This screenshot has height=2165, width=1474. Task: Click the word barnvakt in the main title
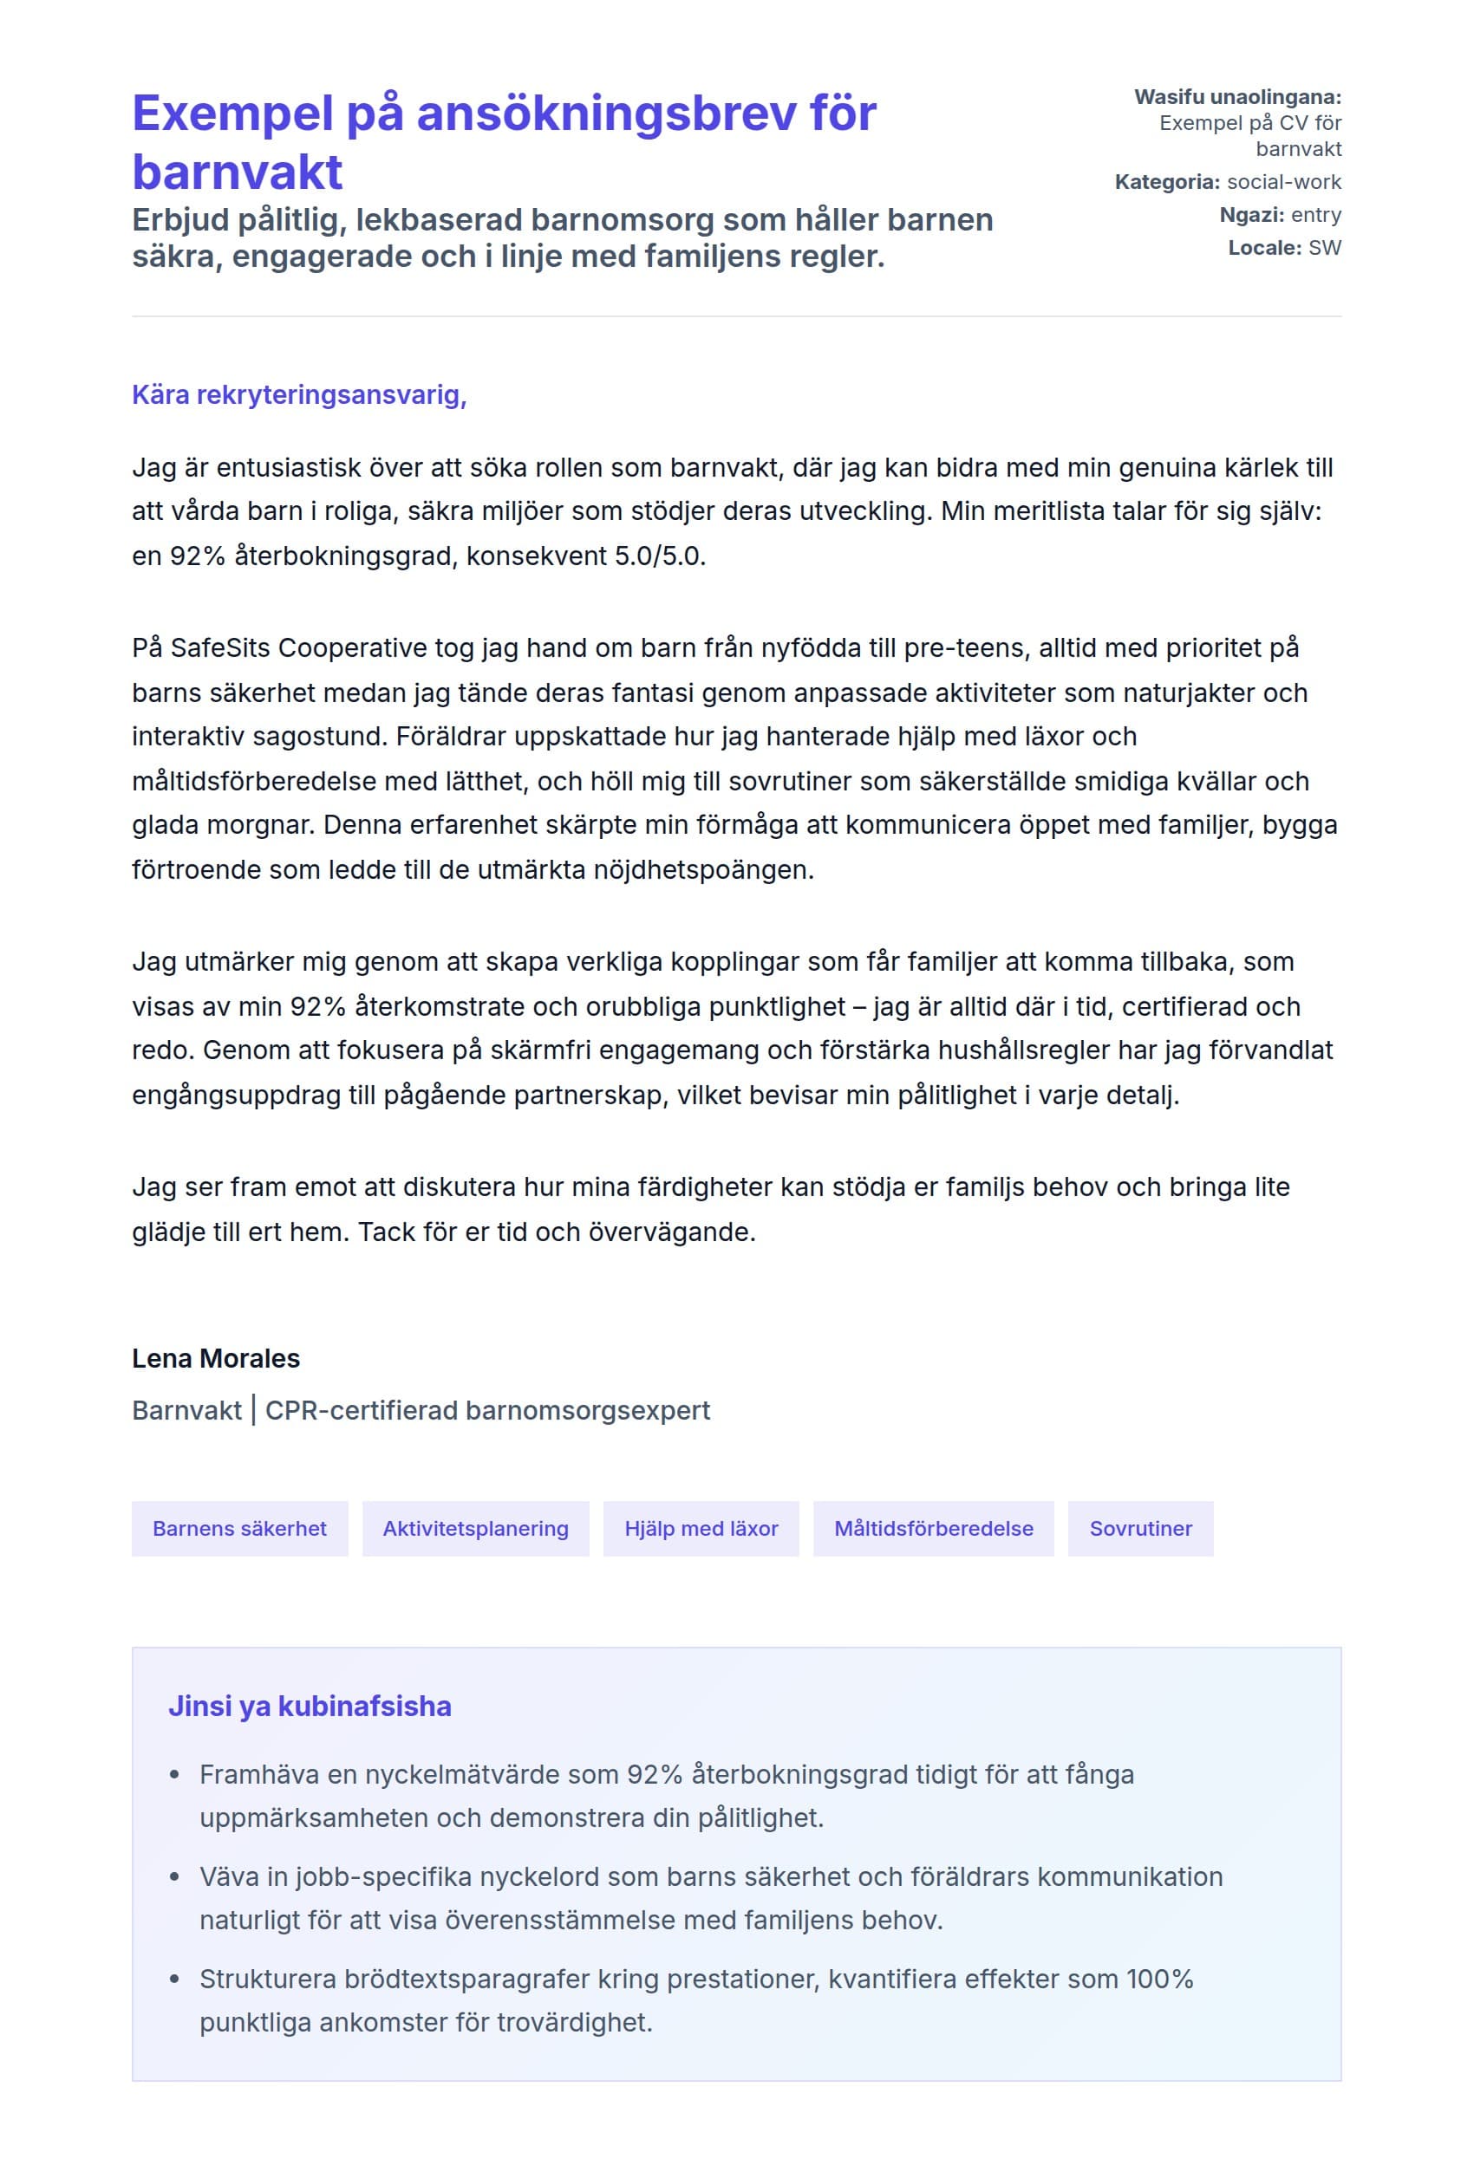(x=237, y=172)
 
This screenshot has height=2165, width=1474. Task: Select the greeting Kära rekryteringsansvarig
(x=298, y=395)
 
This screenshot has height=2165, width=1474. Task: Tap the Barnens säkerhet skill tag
(x=239, y=1529)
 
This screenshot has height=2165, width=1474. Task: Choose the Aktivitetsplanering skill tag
(x=475, y=1529)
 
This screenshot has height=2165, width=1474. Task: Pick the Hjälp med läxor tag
(x=701, y=1529)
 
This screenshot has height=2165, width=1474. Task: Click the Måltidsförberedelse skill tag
(x=933, y=1529)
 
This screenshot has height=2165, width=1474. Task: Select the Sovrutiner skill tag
(x=1140, y=1529)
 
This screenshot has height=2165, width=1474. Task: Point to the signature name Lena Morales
(x=215, y=1358)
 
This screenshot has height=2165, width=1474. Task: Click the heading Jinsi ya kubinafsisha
(x=310, y=1706)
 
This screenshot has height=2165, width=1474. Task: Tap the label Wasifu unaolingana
(x=1236, y=97)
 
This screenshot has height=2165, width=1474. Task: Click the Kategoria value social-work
(x=1284, y=182)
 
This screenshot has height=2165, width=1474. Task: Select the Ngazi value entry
(x=1315, y=215)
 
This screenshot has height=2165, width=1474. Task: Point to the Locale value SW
(x=1324, y=248)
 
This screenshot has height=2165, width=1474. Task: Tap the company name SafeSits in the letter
(x=220, y=647)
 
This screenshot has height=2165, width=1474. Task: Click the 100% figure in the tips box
(x=1159, y=1979)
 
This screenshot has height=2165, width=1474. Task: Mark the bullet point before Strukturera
(x=174, y=1979)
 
